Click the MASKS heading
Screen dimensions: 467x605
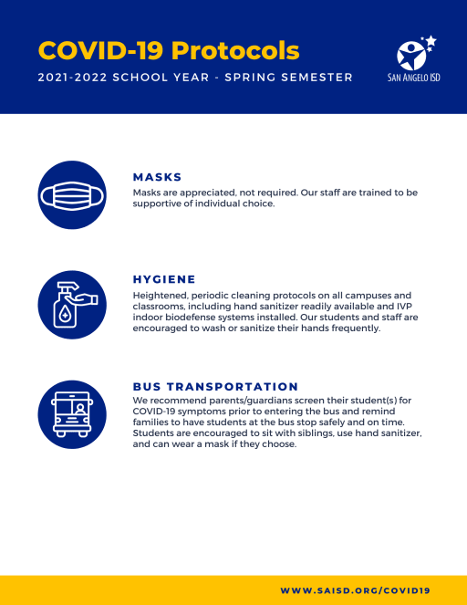click(158, 177)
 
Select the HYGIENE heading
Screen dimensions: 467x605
click(164, 279)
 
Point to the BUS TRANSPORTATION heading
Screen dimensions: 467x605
click(215, 387)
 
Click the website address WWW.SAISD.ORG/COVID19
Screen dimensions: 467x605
click(355, 591)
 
